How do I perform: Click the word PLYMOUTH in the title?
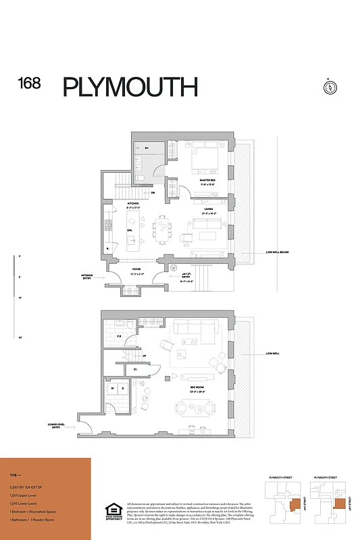pos(130,87)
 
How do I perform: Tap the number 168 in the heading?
pos(29,84)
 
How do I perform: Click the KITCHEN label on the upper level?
pos(114,203)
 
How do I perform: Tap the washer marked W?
pos(111,389)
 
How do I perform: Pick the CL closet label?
pos(135,369)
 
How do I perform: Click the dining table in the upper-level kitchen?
pos(160,227)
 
